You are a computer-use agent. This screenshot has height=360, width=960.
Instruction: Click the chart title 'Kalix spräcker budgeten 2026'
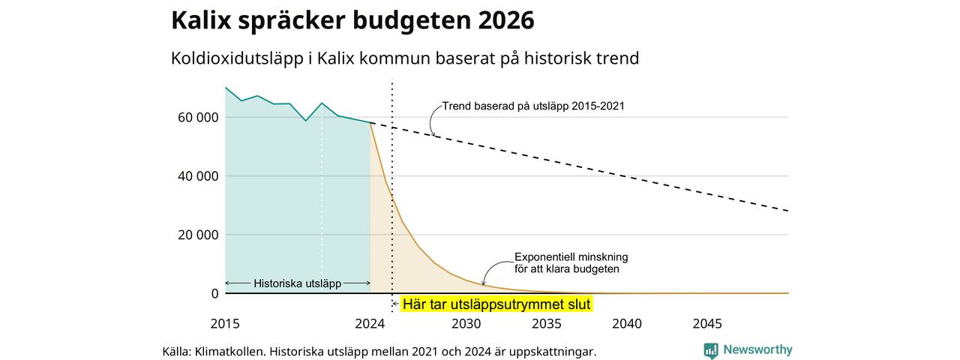click(x=352, y=20)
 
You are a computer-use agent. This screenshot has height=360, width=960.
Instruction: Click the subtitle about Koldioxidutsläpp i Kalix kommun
click(x=405, y=58)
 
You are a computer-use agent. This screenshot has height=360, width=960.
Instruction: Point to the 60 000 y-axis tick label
click(x=198, y=118)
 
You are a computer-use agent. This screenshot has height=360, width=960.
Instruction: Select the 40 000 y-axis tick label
click(x=198, y=176)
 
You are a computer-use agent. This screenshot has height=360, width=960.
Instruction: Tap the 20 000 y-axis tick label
click(x=198, y=235)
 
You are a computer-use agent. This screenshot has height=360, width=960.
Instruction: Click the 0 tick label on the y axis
click(x=214, y=293)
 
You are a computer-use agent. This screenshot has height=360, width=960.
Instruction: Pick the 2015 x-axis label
click(x=225, y=323)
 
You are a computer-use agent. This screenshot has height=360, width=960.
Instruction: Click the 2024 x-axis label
click(x=370, y=323)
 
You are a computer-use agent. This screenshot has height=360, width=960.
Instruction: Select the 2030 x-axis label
click(x=466, y=323)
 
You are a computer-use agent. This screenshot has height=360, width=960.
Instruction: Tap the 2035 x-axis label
click(x=547, y=323)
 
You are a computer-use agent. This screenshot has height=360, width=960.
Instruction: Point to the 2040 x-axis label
click(x=627, y=323)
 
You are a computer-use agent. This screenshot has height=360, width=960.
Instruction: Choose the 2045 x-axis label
click(x=707, y=323)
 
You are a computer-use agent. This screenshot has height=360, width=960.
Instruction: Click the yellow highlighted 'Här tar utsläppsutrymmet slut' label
click(x=496, y=304)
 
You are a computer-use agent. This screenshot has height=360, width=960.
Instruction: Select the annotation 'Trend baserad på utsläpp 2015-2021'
click(x=533, y=106)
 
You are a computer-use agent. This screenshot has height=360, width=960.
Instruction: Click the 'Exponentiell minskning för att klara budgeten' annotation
click(x=571, y=262)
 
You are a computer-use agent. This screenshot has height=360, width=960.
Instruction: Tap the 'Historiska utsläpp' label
click(x=298, y=283)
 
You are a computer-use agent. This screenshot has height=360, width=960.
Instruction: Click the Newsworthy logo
click(x=748, y=350)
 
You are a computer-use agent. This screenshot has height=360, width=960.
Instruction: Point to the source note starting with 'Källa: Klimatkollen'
click(x=379, y=352)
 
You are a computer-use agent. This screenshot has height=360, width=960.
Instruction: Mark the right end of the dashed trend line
click(x=788, y=211)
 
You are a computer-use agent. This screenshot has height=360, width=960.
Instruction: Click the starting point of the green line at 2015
click(x=226, y=88)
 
